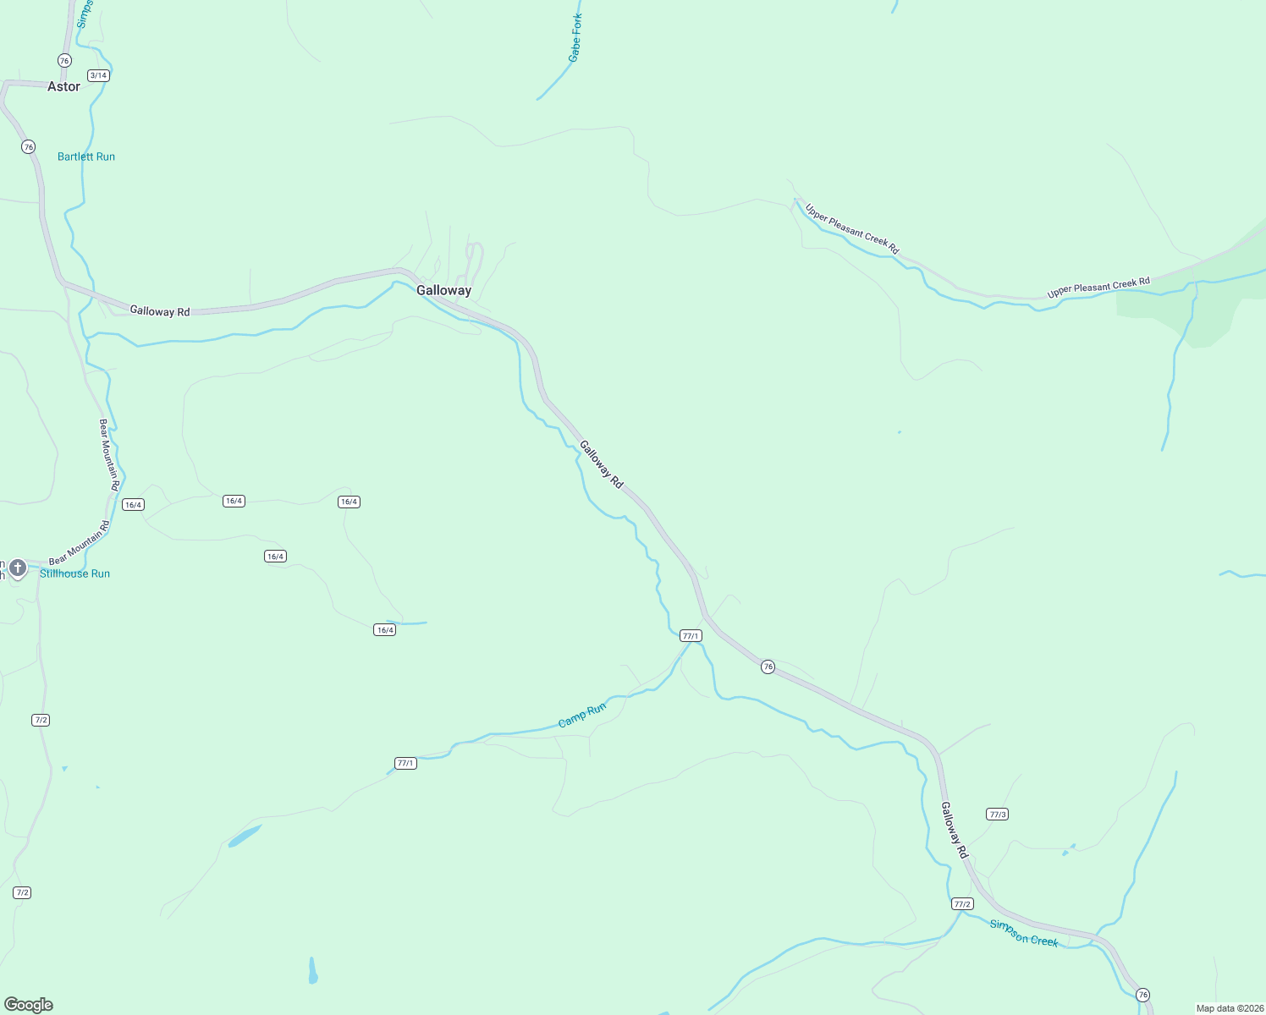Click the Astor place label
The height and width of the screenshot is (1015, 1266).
[x=63, y=86]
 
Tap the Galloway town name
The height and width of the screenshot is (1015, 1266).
[x=443, y=290]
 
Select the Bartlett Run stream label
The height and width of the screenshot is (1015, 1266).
[x=86, y=156]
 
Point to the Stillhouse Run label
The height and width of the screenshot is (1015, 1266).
[x=75, y=573]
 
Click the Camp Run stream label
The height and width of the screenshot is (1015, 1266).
[x=582, y=716]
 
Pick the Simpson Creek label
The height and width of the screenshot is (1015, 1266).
[x=1024, y=933]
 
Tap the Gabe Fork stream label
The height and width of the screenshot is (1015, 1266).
[x=575, y=38]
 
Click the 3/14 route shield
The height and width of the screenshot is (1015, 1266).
[x=98, y=75]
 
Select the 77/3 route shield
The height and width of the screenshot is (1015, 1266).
[x=997, y=815]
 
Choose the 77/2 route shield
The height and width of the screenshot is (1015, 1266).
[x=962, y=904]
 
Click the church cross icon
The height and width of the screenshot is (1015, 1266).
[x=18, y=568]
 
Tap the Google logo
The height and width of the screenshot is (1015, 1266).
[x=29, y=1005]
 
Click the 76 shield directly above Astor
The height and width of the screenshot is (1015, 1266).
[x=64, y=60]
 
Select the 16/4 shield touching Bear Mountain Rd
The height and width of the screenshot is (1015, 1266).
[x=133, y=505]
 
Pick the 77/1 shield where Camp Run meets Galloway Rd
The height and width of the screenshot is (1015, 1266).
[x=691, y=636]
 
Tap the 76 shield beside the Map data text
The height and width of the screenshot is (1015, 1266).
[x=1143, y=994]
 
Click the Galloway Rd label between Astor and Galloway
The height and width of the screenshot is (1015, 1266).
[x=160, y=311]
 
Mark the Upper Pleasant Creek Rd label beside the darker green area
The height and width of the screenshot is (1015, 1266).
[x=1098, y=288]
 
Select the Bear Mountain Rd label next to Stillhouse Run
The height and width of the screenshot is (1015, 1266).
[x=80, y=543]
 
